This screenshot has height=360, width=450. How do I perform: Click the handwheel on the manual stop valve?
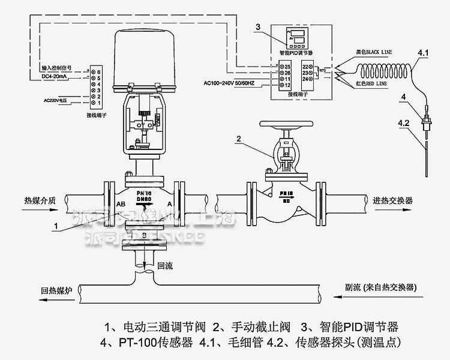pyautogui.click(x=288, y=127)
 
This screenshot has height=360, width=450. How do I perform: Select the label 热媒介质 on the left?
pyautogui.click(x=40, y=201)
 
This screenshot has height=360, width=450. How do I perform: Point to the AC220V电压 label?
pyautogui.click(x=57, y=100)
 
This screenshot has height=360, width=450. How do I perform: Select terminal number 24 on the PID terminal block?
pyautogui.click(x=307, y=79)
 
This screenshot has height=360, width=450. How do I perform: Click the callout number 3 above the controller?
pyautogui.click(x=257, y=28)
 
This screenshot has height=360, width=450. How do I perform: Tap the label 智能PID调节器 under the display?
pyautogui.click(x=300, y=53)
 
